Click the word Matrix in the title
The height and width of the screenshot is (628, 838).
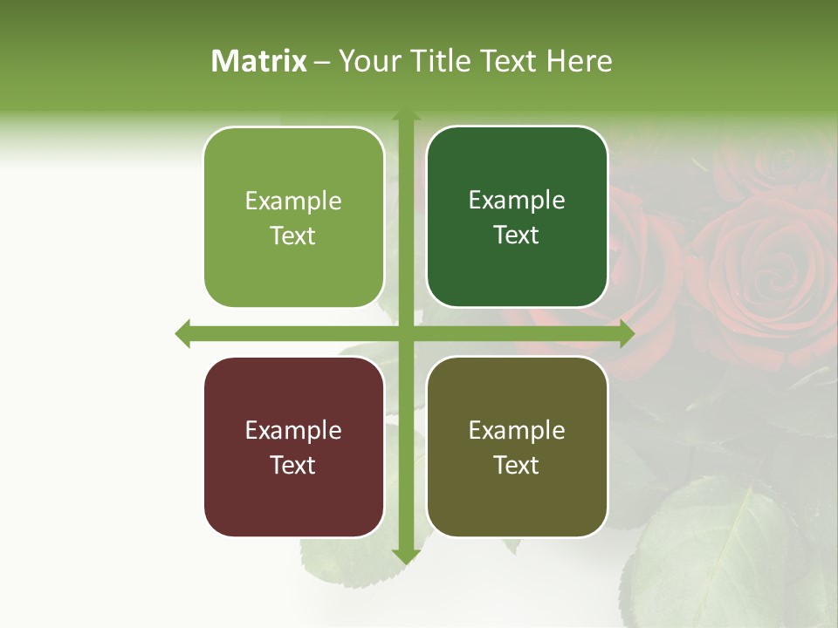tap(259, 61)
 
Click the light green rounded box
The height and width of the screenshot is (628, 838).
tap(293, 218)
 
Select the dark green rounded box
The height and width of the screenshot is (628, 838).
tap(517, 217)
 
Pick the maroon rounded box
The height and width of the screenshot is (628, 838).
tap(293, 447)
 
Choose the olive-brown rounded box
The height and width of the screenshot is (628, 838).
tap(517, 447)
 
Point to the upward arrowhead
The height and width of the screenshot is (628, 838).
tap(405, 118)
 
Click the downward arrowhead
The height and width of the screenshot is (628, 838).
tap(405, 556)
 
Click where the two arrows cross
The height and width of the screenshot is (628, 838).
tap(405, 333)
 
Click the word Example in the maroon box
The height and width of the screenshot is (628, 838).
tap(293, 430)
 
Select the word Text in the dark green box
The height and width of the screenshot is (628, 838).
tap(517, 235)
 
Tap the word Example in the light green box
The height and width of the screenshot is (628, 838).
tap(293, 201)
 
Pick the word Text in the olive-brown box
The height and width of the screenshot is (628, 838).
tap(517, 465)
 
